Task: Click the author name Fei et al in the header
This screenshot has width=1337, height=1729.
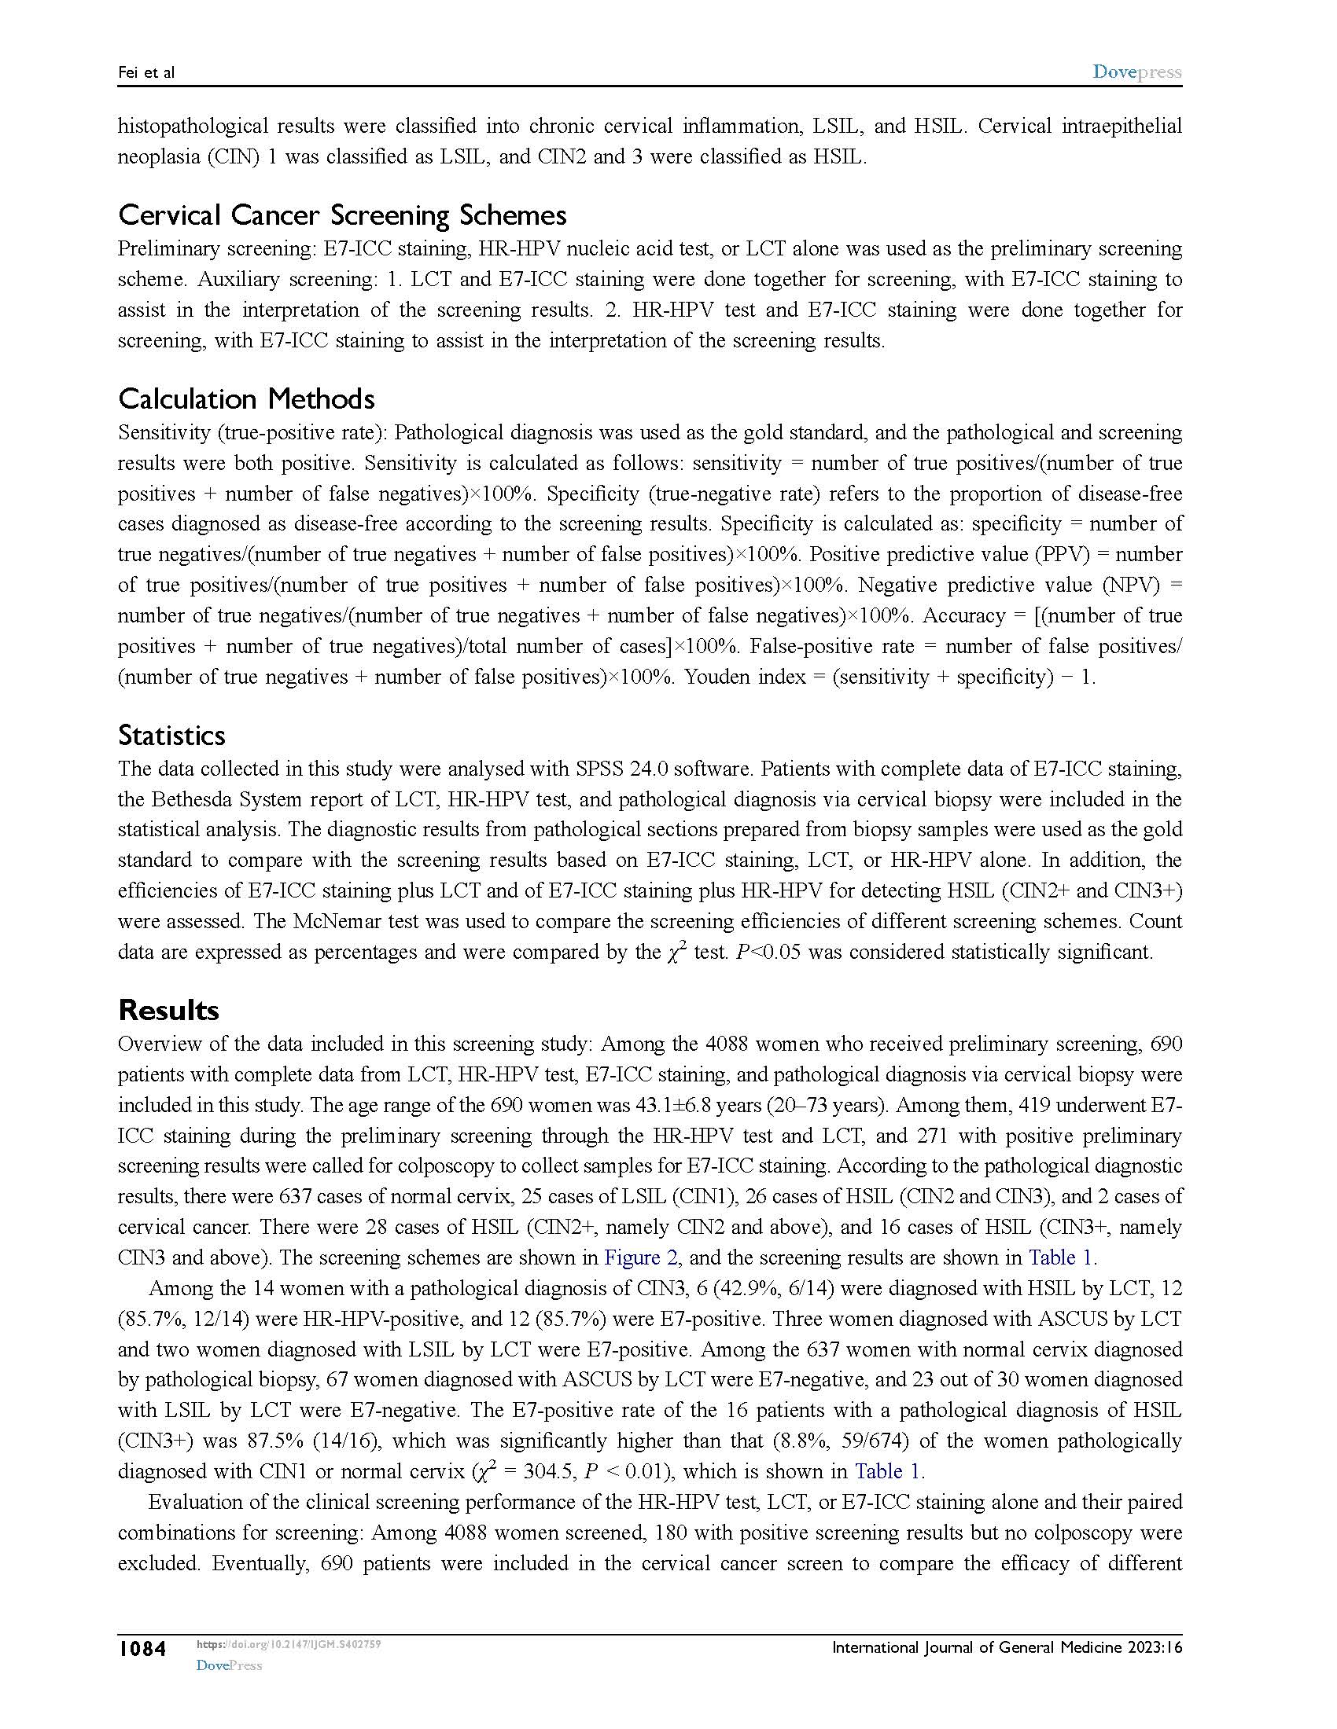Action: (145, 73)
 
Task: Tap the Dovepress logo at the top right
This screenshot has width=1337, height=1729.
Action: (1136, 72)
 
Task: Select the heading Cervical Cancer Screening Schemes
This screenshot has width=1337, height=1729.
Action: (342, 215)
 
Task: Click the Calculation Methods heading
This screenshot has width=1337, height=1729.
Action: (246, 398)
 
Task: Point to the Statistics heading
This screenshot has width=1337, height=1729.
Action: (172, 736)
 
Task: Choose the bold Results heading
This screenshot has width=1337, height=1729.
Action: (169, 1010)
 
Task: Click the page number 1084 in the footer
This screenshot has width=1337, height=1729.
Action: (142, 1649)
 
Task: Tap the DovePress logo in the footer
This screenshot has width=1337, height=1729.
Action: (229, 1665)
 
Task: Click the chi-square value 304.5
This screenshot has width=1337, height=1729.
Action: (541, 1472)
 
